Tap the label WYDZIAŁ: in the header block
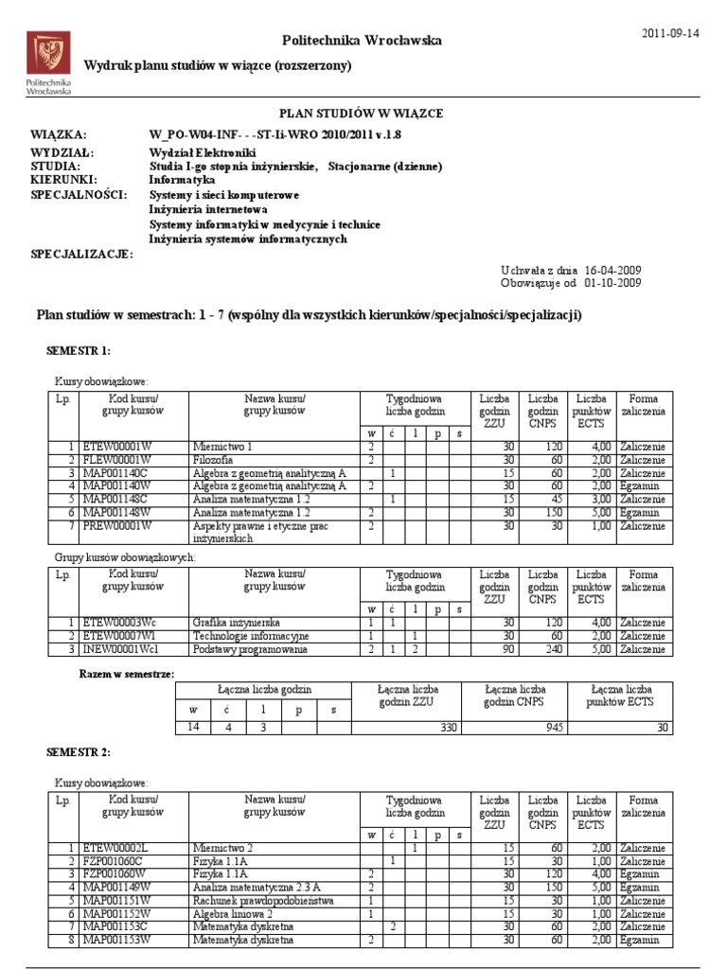coord(62,152)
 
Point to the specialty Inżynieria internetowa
coord(208,209)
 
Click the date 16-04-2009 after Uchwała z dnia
coord(612,270)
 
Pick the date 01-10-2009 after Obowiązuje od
coord(612,283)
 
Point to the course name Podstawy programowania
coord(250,650)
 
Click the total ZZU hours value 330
coord(444,727)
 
